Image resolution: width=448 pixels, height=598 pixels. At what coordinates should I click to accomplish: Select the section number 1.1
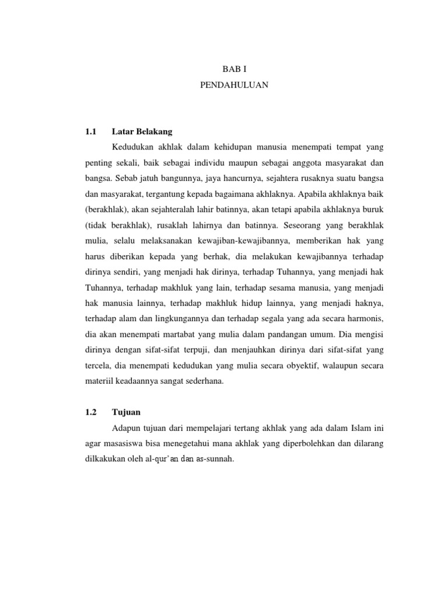click(x=90, y=131)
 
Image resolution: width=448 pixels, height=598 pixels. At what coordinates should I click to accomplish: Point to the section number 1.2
click(x=90, y=412)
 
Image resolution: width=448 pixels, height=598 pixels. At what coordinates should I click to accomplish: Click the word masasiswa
click(x=121, y=443)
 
